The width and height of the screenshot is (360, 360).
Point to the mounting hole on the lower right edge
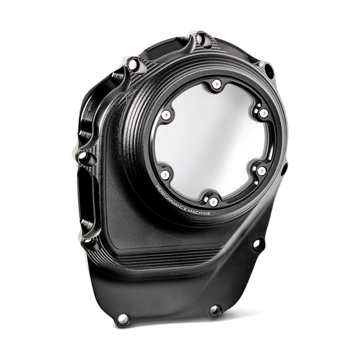[x=257, y=243]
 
